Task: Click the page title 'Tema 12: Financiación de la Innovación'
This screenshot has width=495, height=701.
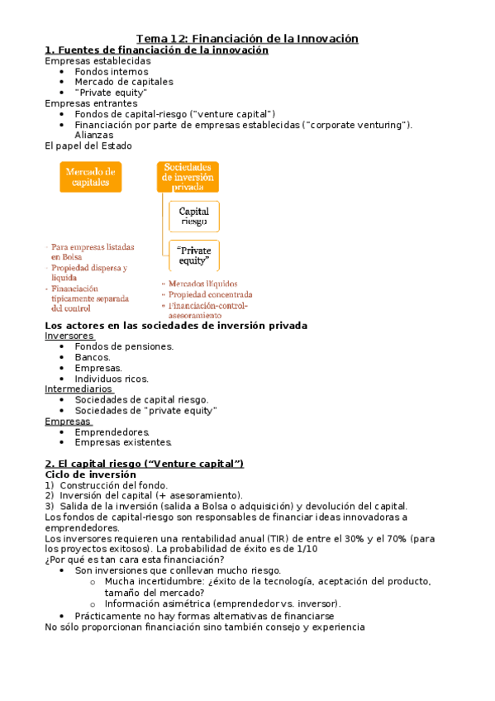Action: coord(247,39)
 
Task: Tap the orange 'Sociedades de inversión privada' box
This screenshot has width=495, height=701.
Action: coord(188,177)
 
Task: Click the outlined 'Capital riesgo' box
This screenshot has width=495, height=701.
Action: coord(194,217)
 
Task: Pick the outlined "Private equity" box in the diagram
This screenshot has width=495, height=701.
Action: coord(194,256)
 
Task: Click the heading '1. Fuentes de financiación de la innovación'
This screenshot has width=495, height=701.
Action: coord(156,50)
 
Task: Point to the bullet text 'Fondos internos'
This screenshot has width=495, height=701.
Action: coord(112,72)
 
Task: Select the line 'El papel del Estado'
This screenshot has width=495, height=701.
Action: coord(88,145)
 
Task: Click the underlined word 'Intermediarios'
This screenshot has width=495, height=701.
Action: coord(78,389)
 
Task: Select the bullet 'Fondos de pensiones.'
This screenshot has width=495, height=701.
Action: coord(124,347)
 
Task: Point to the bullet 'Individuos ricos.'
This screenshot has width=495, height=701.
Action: coord(112,379)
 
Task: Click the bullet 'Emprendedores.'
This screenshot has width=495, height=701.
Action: coord(112,432)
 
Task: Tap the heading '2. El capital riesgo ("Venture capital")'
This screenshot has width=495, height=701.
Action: coord(144,464)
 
